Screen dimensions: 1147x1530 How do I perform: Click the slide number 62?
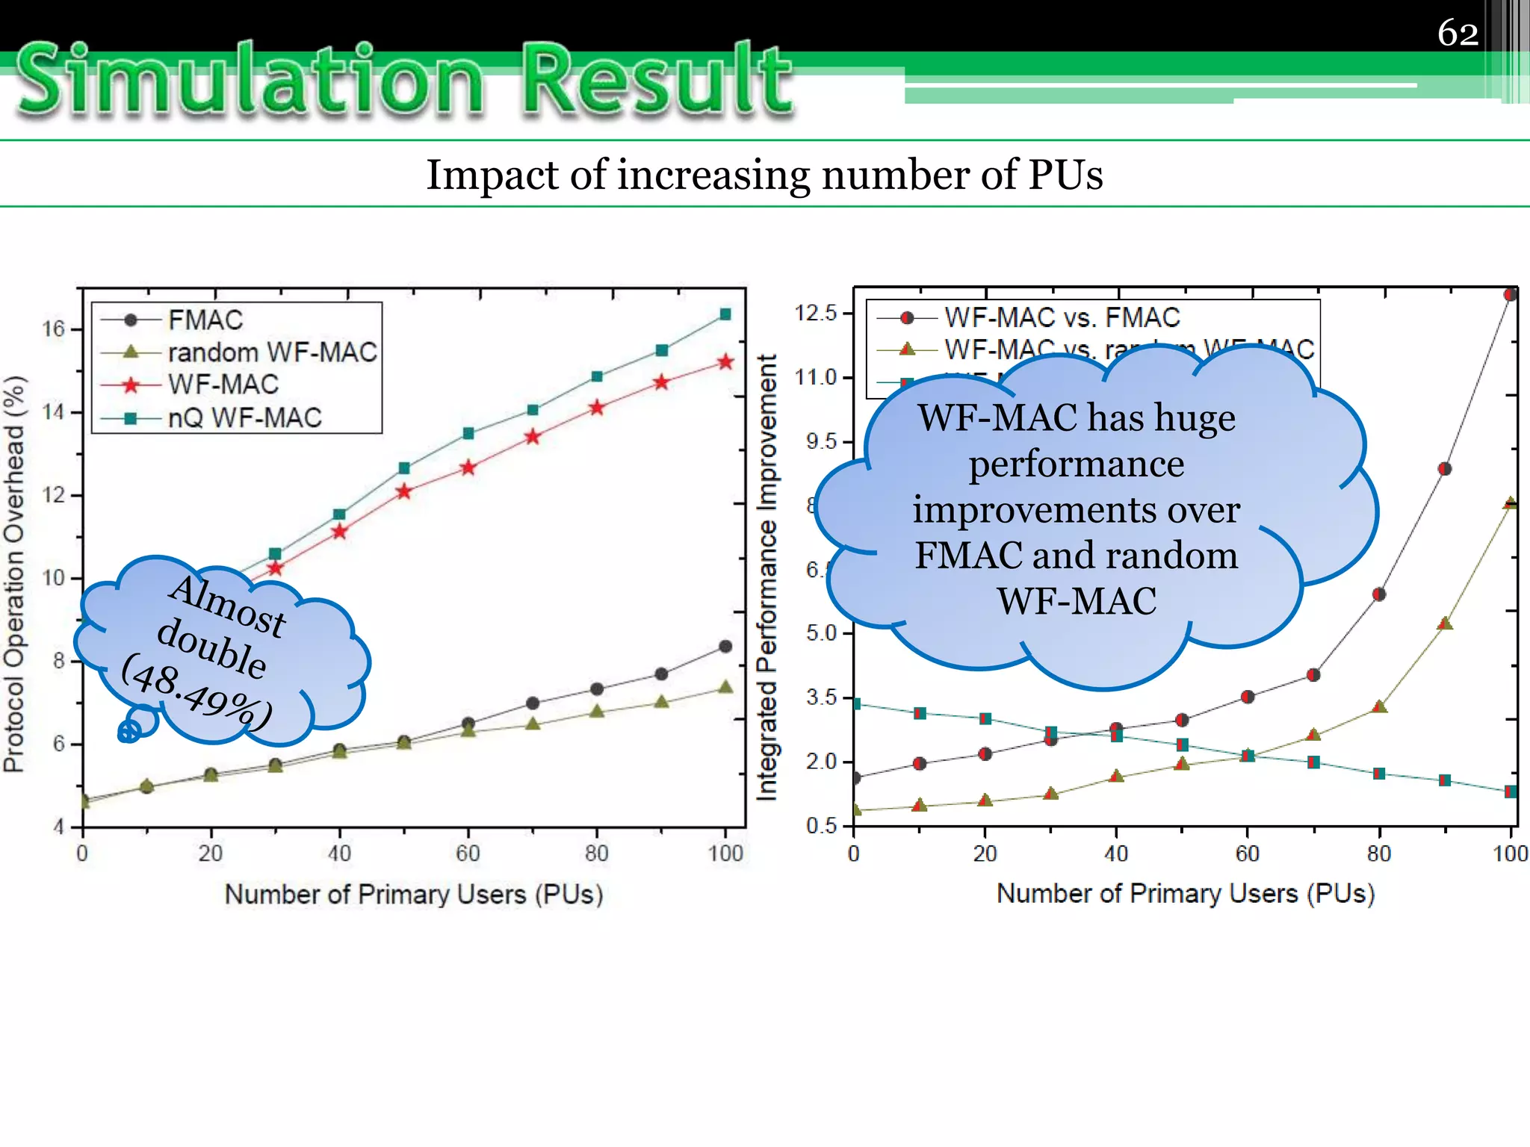[1458, 33]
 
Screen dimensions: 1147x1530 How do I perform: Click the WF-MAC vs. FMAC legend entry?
[1061, 317]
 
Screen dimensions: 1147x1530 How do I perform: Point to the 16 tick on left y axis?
[53, 329]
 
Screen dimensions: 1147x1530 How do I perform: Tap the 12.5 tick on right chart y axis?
[815, 313]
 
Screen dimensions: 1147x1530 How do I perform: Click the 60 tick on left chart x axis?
[468, 854]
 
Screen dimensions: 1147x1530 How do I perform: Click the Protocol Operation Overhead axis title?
[14, 573]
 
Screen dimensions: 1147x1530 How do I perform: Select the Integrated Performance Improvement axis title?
[766, 577]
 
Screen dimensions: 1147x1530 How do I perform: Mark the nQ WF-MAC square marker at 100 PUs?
[725, 314]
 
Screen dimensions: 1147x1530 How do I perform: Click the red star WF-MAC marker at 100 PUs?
[725, 362]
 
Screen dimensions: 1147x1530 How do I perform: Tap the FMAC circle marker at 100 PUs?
[725, 647]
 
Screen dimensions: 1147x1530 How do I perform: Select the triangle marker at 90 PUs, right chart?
[1445, 623]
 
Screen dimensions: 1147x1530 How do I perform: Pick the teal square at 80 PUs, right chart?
[1379, 774]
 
